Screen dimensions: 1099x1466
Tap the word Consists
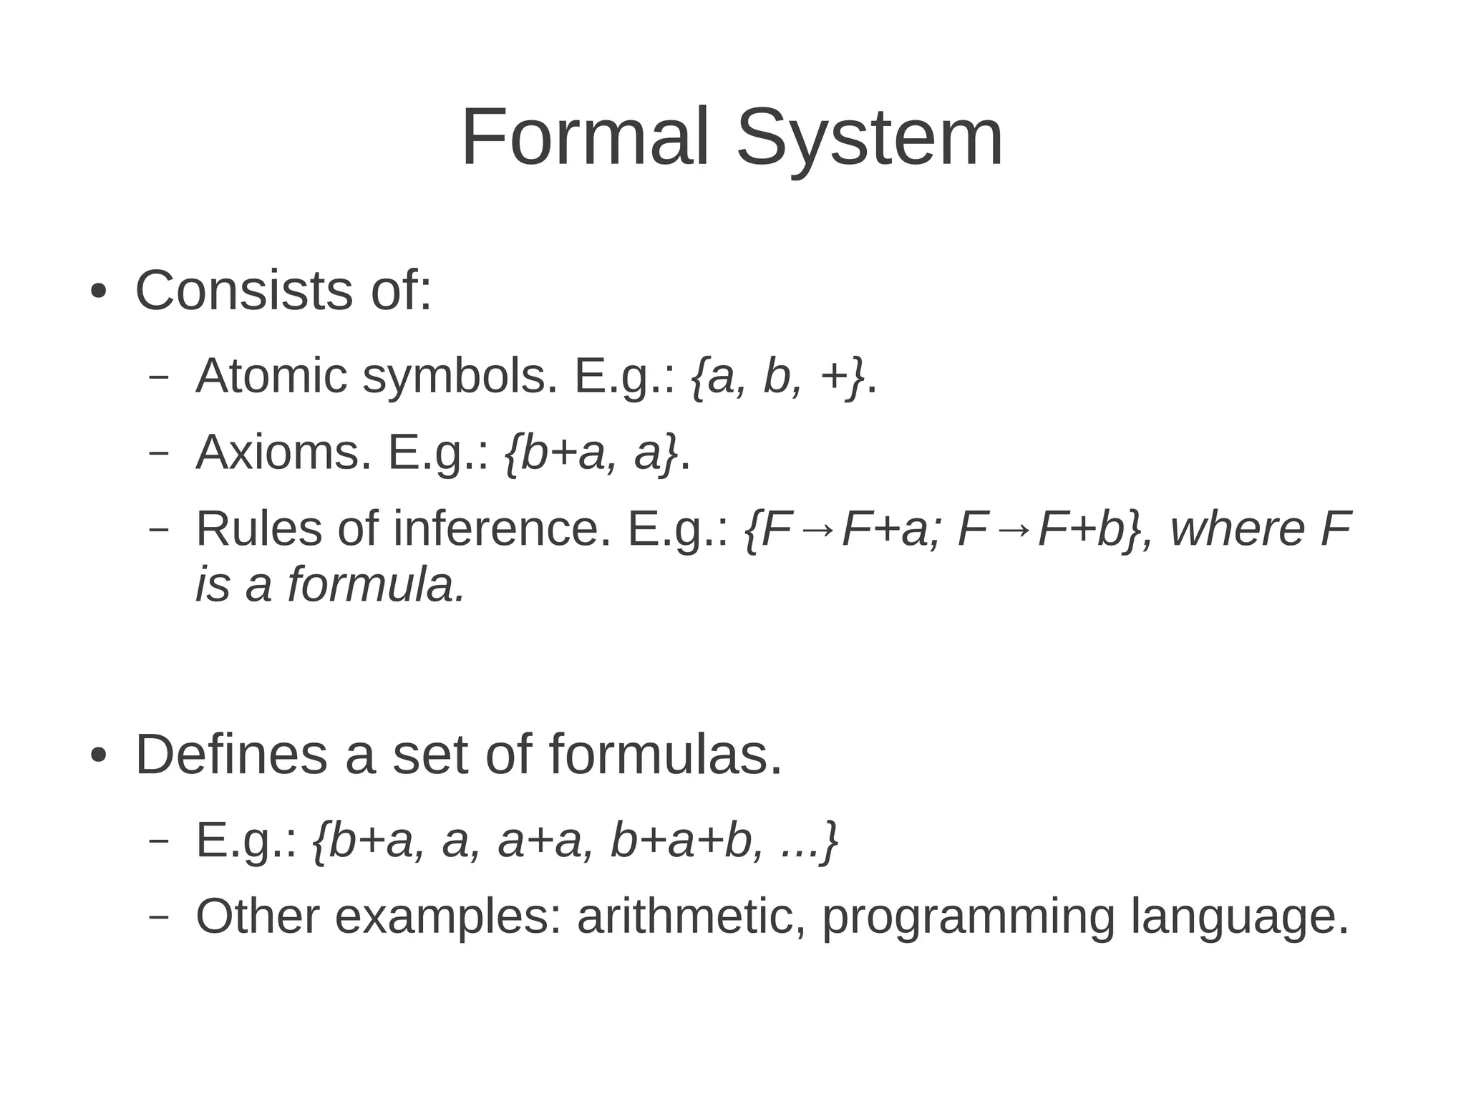(243, 291)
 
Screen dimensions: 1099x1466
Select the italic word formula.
(377, 584)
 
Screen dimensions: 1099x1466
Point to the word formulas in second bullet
(665, 755)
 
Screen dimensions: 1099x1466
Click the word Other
(257, 916)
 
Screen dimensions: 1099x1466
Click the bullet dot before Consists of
(99, 293)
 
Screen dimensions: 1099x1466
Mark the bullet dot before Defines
(99, 756)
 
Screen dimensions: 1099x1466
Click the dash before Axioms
(158, 454)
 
